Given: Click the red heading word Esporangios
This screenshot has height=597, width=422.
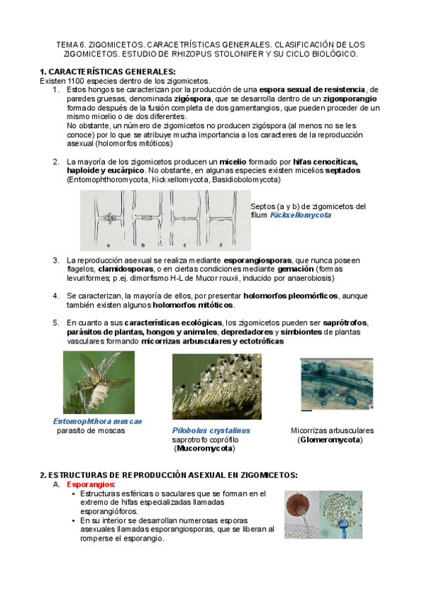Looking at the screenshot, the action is [x=90, y=484].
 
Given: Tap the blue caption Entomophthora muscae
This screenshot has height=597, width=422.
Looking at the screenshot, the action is [x=97, y=421].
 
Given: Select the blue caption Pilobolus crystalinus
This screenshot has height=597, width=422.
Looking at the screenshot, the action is [x=211, y=430].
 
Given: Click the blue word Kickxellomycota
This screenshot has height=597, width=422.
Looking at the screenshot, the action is [x=301, y=215].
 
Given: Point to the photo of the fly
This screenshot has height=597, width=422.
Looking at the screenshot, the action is [x=99, y=382].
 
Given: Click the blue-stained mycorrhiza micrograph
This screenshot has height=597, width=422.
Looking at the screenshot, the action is [x=337, y=384].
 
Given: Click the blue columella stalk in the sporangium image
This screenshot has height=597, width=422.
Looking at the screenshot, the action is [x=345, y=528].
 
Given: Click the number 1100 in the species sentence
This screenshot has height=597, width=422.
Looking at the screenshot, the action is [x=76, y=81].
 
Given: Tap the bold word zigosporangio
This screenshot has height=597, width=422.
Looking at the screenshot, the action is [x=350, y=99].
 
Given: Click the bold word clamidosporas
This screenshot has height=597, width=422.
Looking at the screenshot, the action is [x=125, y=269].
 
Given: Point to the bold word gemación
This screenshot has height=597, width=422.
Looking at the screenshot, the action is [x=296, y=269].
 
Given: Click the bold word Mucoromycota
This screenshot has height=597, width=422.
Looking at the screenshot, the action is [x=204, y=448].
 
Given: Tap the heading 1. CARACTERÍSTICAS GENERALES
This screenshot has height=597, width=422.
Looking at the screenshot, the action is [x=108, y=72].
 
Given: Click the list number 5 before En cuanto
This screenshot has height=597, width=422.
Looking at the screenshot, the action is [x=56, y=323].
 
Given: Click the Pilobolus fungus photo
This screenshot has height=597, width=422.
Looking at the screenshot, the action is [x=217, y=387].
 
